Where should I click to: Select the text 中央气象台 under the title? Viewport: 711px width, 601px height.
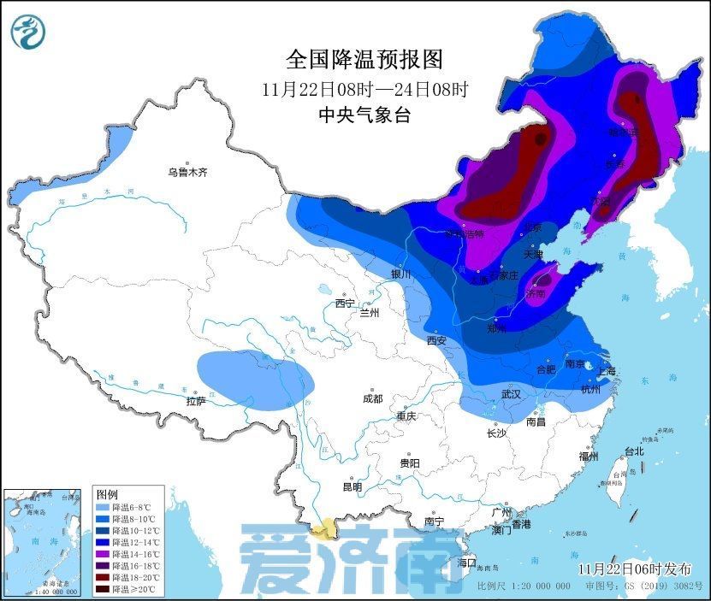click(x=364, y=115)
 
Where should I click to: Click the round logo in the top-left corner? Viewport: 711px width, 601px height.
click(x=27, y=32)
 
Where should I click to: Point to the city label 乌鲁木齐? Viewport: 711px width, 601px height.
click(x=187, y=172)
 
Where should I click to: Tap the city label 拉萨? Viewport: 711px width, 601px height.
click(x=196, y=400)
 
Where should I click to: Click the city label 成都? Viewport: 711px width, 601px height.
click(x=372, y=398)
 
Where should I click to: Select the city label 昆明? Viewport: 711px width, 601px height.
click(x=352, y=487)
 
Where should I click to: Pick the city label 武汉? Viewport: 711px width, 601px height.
click(x=511, y=394)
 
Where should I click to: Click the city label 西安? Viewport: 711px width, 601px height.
click(x=436, y=339)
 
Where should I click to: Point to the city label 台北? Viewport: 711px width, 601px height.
click(x=633, y=451)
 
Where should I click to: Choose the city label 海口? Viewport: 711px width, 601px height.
click(x=465, y=563)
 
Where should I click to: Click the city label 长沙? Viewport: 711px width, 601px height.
click(x=496, y=433)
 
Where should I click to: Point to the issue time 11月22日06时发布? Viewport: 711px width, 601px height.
click(x=634, y=569)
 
